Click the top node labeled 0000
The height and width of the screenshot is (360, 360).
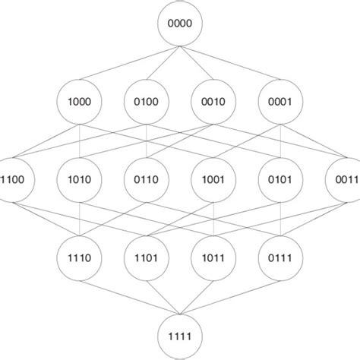[x=180, y=24]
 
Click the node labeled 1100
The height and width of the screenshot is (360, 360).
[x=14, y=180]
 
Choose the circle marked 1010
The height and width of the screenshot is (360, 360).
[x=80, y=180]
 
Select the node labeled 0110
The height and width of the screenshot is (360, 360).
[x=147, y=180]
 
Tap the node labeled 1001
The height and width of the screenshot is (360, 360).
[x=213, y=180]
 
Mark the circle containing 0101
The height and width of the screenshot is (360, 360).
[x=280, y=180]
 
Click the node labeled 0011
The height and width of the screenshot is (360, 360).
[x=346, y=180]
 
